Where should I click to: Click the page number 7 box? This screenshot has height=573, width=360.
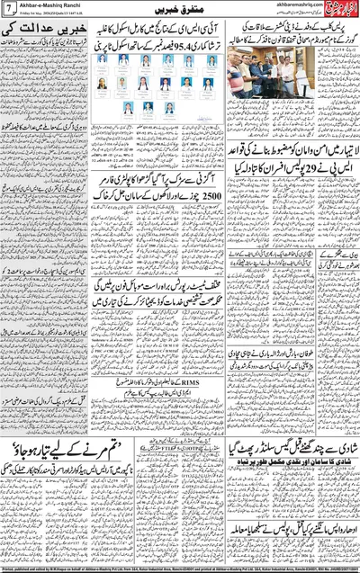[x=8, y=8]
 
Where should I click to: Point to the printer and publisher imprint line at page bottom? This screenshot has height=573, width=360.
[x=180, y=569]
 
